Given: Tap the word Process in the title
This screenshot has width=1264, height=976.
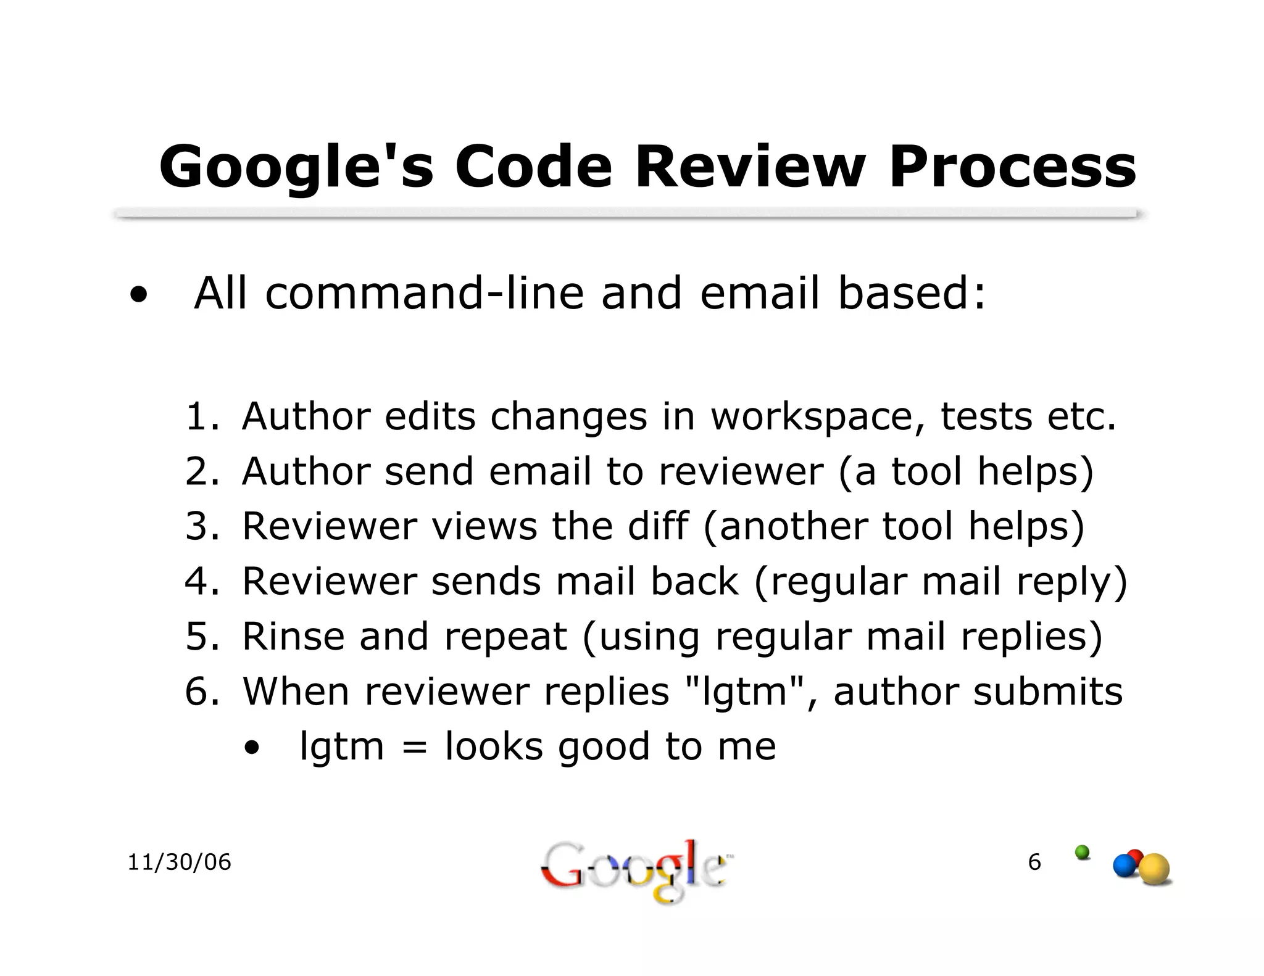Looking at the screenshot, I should [x=1012, y=167].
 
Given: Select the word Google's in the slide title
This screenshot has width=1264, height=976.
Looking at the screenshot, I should [x=296, y=167].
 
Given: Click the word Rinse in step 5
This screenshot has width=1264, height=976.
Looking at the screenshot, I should [x=293, y=636].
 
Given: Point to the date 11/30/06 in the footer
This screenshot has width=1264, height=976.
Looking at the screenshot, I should [x=179, y=862].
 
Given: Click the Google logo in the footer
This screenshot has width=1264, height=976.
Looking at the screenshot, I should [x=633, y=870].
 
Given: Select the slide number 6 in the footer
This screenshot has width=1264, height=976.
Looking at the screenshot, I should [x=1034, y=862].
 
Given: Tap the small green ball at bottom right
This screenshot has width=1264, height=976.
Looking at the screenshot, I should [x=1082, y=852].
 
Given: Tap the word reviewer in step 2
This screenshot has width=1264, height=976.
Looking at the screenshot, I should [x=741, y=471].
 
